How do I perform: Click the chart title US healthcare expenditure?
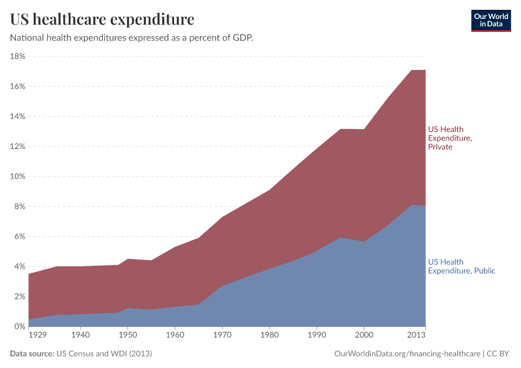click(x=102, y=20)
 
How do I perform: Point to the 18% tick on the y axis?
click(x=17, y=56)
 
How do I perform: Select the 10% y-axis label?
click(x=17, y=177)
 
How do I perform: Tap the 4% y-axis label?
click(x=19, y=267)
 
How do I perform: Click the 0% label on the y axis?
click(x=19, y=327)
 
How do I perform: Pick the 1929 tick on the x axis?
click(x=37, y=335)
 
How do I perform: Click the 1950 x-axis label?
click(x=127, y=335)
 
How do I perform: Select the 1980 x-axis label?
click(x=269, y=335)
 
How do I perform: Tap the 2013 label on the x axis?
click(x=416, y=335)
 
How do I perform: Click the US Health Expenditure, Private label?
click(x=450, y=138)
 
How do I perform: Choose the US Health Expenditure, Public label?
click(x=461, y=266)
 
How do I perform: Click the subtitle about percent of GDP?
click(x=131, y=37)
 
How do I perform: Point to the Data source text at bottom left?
click(x=81, y=354)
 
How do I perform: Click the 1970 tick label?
click(x=222, y=335)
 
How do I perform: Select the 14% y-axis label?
click(x=17, y=117)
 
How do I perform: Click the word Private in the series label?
click(x=440, y=147)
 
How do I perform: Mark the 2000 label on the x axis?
click(x=364, y=335)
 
